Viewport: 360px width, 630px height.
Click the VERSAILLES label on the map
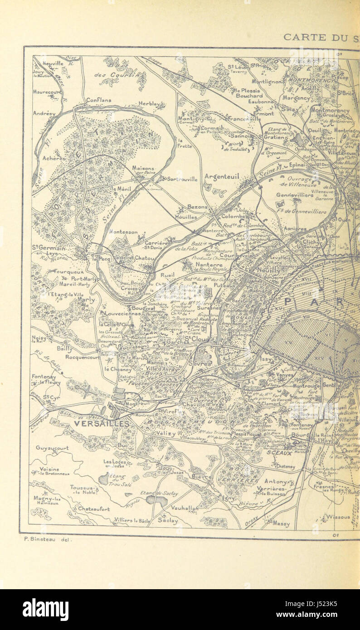click(x=101, y=424)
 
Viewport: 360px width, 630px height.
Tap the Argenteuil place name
click(x=222, y=176)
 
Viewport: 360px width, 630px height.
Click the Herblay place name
click(x=149, y=104)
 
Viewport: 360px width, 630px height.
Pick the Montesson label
click(x=123, y=232)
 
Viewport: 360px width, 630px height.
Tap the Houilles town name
click(x=186, y=217)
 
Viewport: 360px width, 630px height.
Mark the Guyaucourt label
click(x=52, y=448)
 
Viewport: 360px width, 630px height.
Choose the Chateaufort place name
click(x=94, y=509)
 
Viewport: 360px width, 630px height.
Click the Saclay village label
click(x=168, y=521)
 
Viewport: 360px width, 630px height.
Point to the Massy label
click(x=281, y=523)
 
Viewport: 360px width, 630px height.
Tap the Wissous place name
click(x=338, y=516)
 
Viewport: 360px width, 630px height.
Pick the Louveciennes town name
click(x=123, y=313)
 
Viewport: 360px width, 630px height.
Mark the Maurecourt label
click(x=47, y=92)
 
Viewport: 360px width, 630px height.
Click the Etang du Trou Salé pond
click(x=104, y=479)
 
